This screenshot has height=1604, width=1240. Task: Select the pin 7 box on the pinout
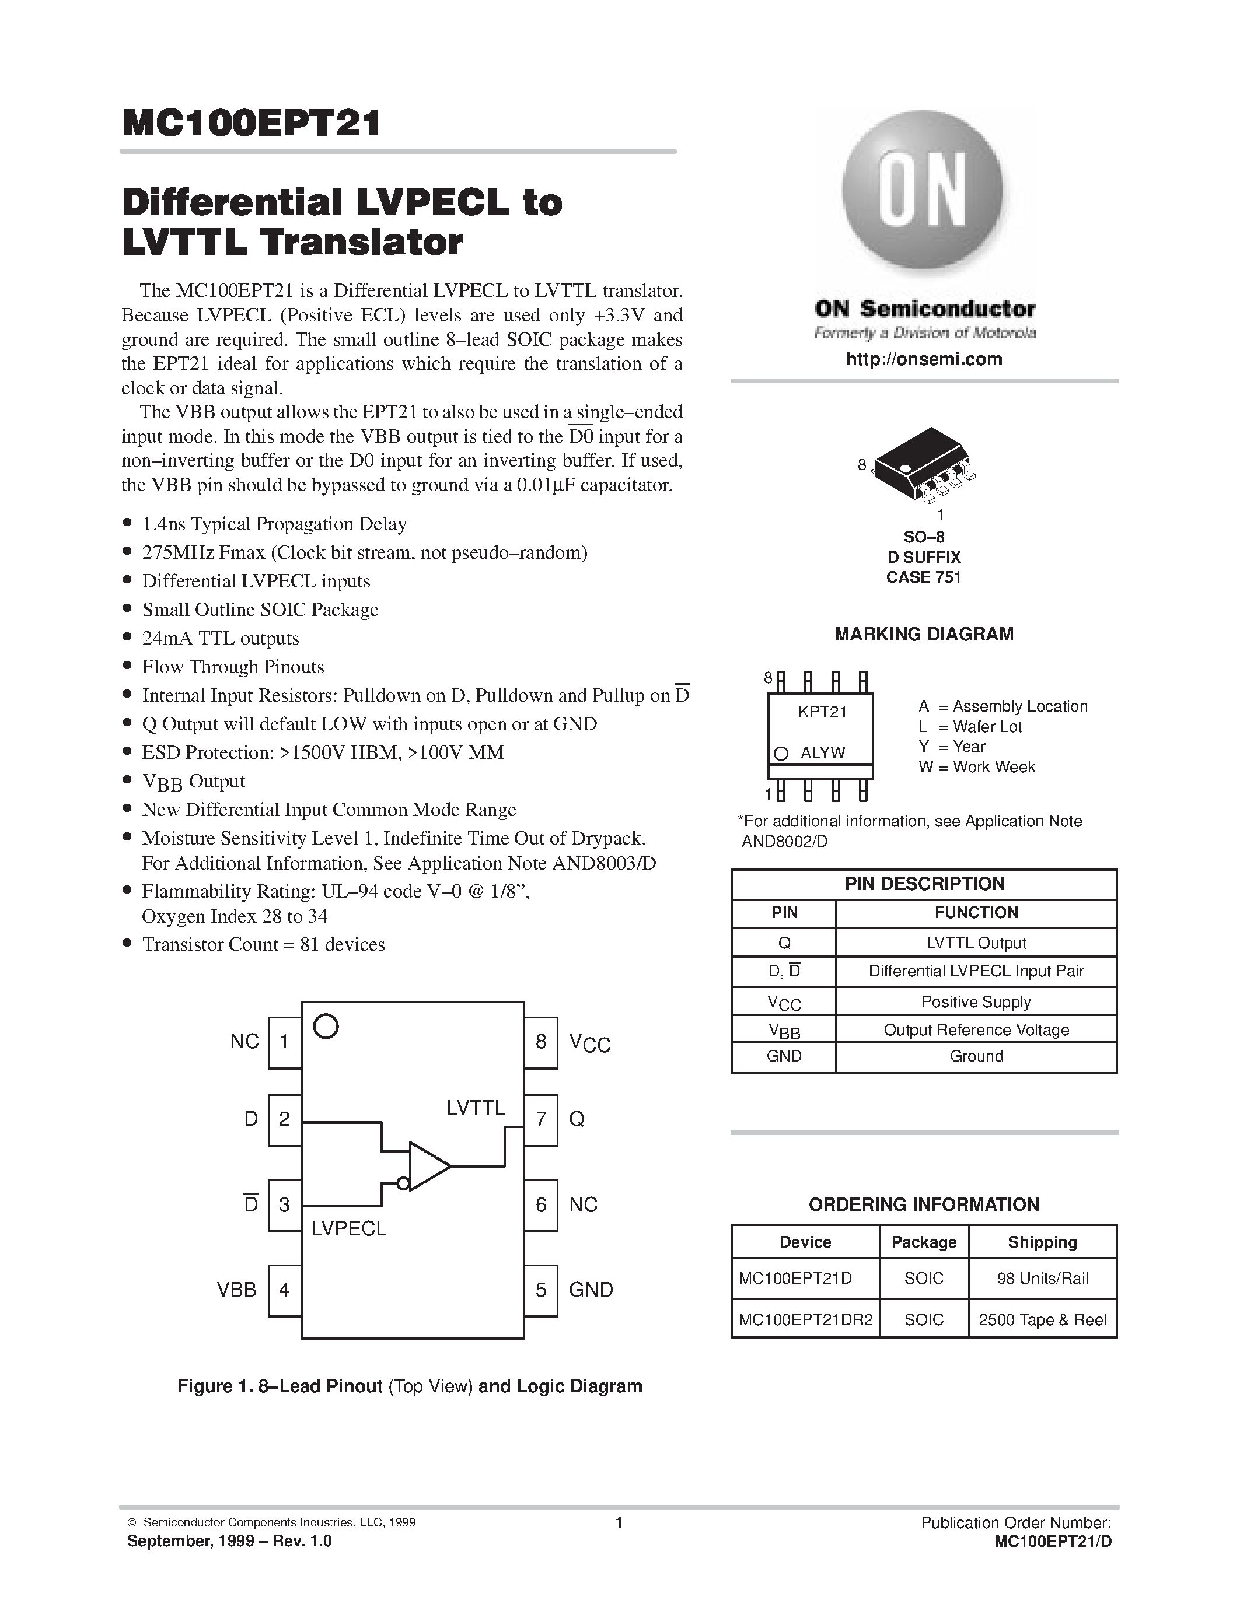pos(541,1119)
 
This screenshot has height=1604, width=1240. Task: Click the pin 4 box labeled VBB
pos(284,1290)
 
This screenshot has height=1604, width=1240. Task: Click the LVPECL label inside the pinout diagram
pos(349,1229)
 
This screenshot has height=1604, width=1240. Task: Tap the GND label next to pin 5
pos(591,1290)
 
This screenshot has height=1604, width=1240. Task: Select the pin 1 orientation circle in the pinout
pos(326,1027)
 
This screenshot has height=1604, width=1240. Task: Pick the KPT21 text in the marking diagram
pos(823,712)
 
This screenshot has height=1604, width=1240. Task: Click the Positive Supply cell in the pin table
pos(976,1001)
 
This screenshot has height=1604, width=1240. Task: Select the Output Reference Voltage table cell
pos(976,1029)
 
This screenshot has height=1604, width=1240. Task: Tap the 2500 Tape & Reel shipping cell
pos(1042,1320)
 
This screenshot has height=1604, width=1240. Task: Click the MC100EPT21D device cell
pos(795,1278)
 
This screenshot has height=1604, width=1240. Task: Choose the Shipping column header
pos(1042,1242)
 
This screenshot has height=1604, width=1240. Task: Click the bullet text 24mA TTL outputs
pos(221,638)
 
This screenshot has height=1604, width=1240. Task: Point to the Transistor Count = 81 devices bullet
pos(263,944)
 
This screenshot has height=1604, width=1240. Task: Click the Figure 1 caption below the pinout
pos(409,1386)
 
